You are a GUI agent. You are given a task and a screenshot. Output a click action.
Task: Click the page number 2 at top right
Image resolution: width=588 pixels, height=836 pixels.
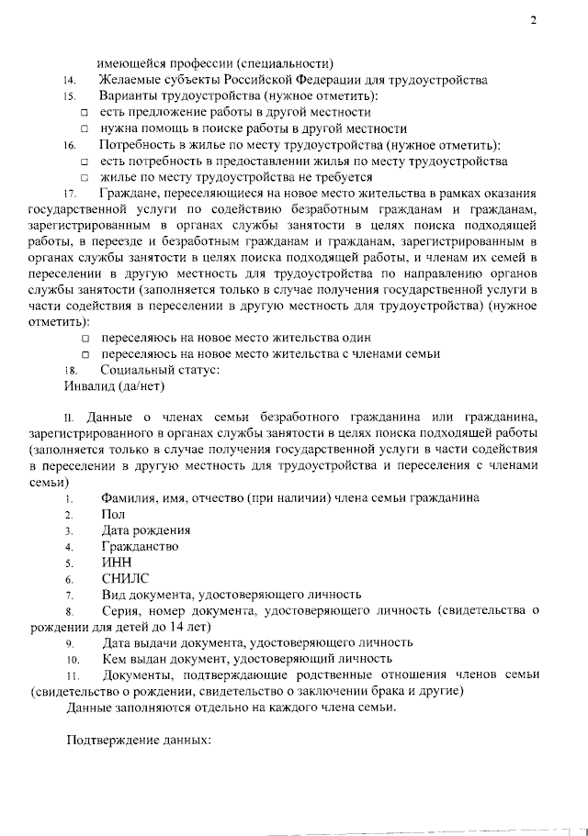click(532, 23)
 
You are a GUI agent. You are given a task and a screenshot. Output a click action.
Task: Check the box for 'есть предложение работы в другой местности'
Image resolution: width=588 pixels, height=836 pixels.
click(84, 113)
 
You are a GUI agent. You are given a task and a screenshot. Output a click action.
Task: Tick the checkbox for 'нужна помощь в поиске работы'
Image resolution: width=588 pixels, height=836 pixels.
click(84, 129)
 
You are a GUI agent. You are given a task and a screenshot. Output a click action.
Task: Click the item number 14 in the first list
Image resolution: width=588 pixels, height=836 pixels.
click(69, 81)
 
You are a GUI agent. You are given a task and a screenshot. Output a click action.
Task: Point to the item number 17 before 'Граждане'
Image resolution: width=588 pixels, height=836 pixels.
click(69, 195)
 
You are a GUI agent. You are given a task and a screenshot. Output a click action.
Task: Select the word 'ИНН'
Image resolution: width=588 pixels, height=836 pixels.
click(116, 563)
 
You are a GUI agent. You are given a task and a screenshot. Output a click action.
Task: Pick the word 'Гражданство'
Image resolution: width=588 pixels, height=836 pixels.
click(140, 547)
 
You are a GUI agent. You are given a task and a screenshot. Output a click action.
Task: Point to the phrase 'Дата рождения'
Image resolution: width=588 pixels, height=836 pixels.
click(146, 530)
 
